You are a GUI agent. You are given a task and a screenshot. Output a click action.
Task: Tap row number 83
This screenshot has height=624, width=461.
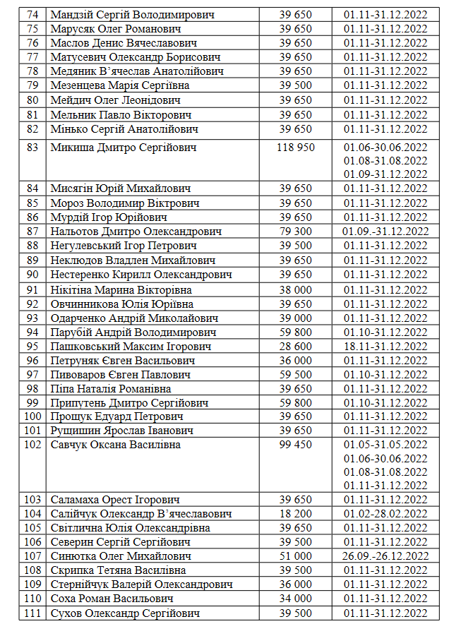tap(32, 148)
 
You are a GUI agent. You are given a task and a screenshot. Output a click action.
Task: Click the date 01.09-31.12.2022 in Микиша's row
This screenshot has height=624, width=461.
tap(385, 174)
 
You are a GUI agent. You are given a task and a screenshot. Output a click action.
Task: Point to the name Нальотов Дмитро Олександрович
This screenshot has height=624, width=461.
tap(136, 232)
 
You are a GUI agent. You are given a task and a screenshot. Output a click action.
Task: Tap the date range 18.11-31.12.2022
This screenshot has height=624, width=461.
tap(385, 347)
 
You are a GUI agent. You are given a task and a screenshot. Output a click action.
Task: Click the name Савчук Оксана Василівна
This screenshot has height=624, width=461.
tap(116, 445)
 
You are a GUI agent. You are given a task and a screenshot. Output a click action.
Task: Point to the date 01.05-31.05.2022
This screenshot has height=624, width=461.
tap(385, 445)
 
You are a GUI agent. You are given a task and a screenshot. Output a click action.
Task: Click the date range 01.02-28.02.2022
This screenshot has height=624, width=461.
tap(385, 514)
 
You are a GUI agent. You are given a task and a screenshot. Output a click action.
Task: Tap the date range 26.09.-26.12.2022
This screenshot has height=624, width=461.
tap(385, 556)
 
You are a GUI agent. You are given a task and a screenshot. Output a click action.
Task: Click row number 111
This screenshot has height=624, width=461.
tap(32, 613)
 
